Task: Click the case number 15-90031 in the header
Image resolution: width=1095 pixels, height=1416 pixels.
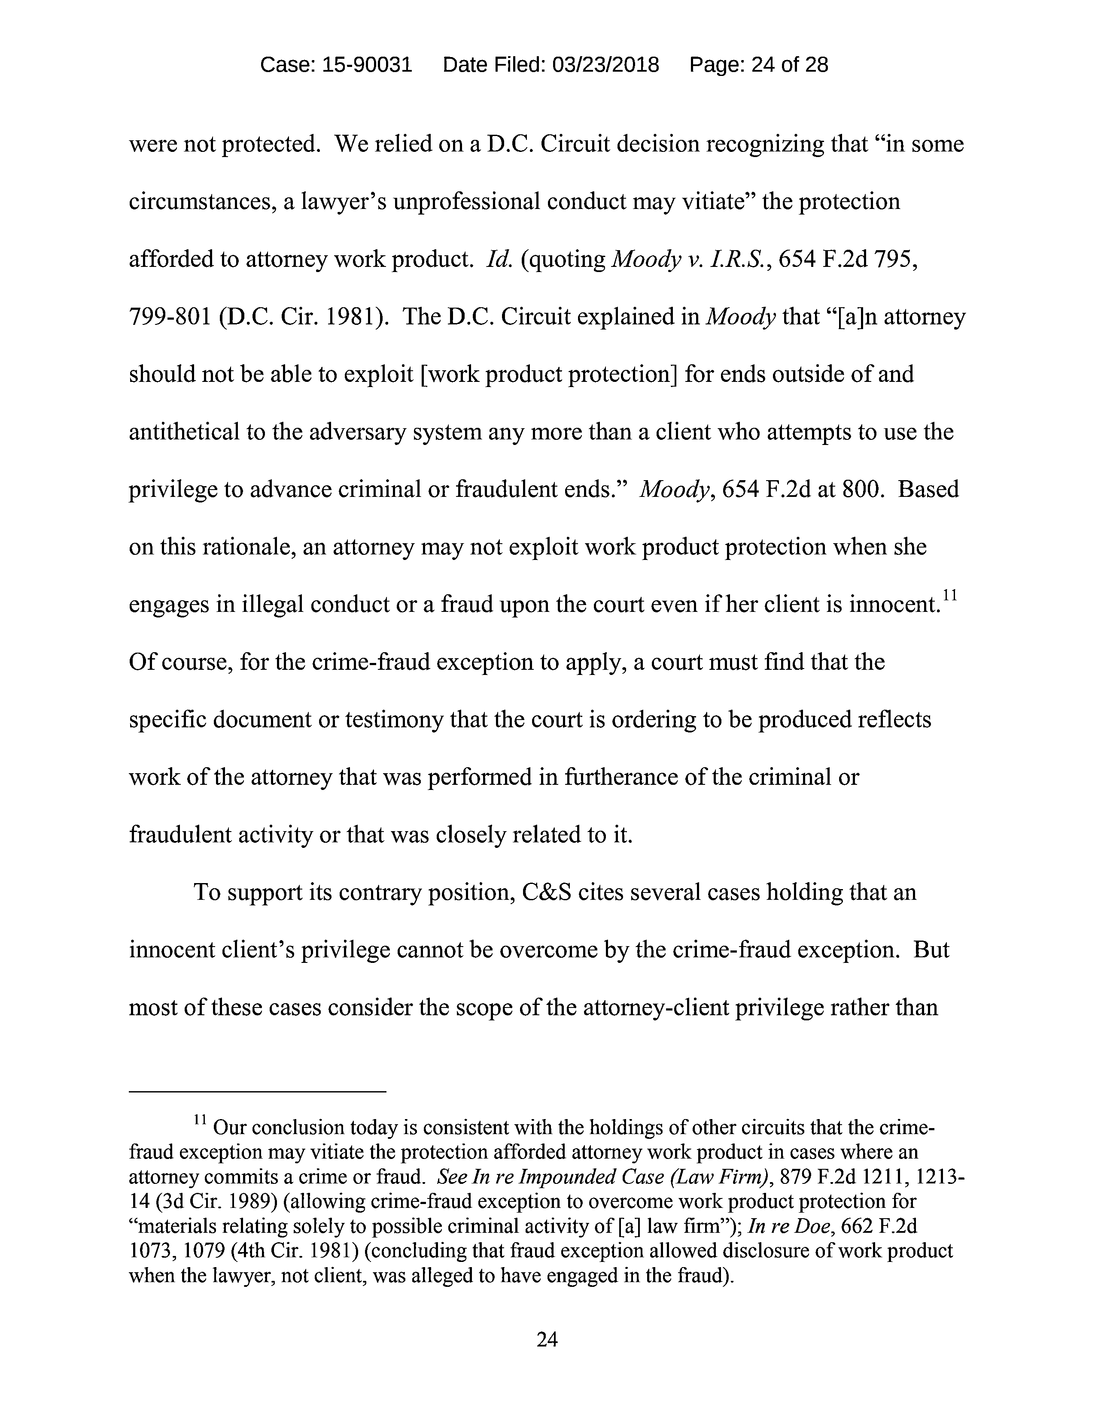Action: [x=367, y=65]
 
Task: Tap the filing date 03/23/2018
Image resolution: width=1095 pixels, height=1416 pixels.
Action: [x=605, y=65]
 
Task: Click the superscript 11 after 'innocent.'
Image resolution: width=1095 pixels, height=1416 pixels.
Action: [x=950, y=595]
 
